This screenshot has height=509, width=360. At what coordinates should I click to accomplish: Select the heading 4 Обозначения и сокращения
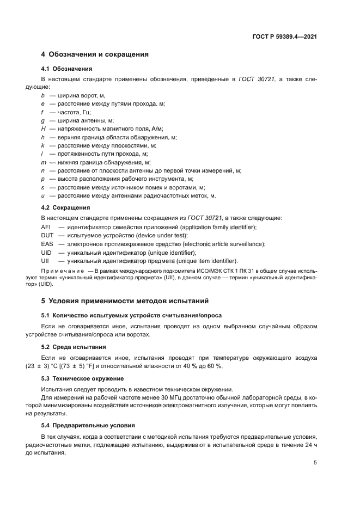[x=95, y=54]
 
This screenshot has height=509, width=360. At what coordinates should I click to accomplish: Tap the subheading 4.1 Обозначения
[x=67, y=69]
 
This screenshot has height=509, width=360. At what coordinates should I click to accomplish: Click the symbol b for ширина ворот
[x=43, y=95]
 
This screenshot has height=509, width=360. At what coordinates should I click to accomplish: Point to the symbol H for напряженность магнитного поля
[x=44, y=128]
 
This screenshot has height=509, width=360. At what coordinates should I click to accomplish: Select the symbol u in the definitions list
[x=43, y=195]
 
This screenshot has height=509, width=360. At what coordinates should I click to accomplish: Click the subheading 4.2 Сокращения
[x=66, y=207]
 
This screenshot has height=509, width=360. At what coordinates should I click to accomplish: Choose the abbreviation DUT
[x=47, y=235]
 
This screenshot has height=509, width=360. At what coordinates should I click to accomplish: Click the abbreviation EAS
[x=47, y=244]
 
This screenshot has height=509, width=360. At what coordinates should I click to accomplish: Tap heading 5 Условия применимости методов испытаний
[x=125, y=301]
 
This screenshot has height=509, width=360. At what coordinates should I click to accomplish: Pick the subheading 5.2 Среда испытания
[x=74, y=347]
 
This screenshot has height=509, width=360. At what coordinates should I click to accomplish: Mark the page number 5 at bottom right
[x=315, y=463]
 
